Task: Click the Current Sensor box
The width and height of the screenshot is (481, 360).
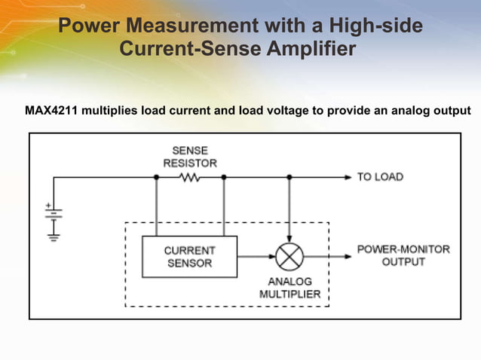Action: (x=189, y=257)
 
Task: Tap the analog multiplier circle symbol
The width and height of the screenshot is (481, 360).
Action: (x=289, y=257)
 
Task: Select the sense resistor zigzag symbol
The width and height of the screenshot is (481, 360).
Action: (x=189, y=178)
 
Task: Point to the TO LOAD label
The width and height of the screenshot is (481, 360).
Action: (x=380, y=177)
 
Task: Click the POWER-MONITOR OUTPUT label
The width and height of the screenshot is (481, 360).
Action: (x=403, y=255)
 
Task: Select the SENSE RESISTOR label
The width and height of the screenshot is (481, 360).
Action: (x=190, y=157)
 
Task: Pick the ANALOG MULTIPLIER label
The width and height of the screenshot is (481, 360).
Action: (x=290, y=288)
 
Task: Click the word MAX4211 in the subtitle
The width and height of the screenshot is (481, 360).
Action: (x=51, y=111)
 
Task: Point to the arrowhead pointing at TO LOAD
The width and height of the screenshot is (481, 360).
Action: (x=348, y=178)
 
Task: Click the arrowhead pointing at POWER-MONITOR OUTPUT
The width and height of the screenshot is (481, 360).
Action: (x=348, y=256)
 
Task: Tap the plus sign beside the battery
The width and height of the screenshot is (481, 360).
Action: (x=48, y=205)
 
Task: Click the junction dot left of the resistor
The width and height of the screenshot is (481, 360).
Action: (x=156, y=178)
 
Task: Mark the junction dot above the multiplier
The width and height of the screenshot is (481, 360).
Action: (x=289, y=178)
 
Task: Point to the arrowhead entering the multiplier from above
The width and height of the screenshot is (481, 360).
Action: (x=289, y=239)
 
